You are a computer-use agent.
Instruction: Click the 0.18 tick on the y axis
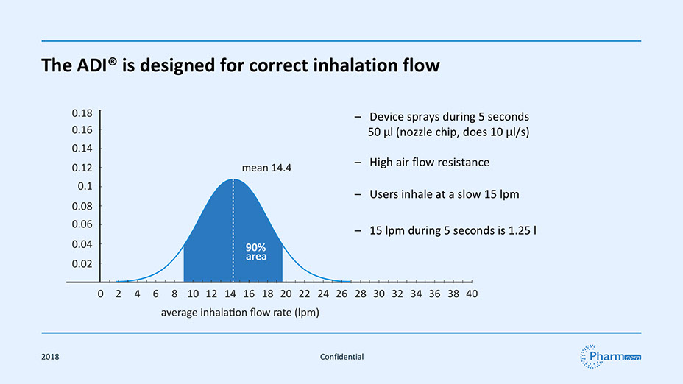[x=82, y=114]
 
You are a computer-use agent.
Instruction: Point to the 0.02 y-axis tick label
[x=82, y=263]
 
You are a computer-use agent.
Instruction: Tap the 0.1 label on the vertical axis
[x=85, y=186]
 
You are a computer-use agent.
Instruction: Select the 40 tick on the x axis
[x=472, y=294]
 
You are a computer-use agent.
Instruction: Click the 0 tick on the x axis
[x=100, y=294]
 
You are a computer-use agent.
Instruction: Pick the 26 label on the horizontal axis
[x=341, y=294]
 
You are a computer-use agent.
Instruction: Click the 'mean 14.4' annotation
[x=266, y=168]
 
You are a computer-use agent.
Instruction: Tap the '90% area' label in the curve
[x=255, y=252]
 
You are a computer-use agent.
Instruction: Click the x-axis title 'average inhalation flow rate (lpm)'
[x=239, y=313]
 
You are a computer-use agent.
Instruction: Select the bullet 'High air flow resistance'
[x=429, y=162]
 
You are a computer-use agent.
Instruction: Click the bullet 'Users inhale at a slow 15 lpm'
[x=444, y=195]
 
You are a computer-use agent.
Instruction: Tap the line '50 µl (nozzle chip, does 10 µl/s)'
[x=449, y=133]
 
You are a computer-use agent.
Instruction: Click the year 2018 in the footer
[x=51, y=357]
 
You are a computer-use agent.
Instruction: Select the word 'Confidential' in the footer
[x=341, y=357]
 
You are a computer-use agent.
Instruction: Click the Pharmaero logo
[x=610, y=356]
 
